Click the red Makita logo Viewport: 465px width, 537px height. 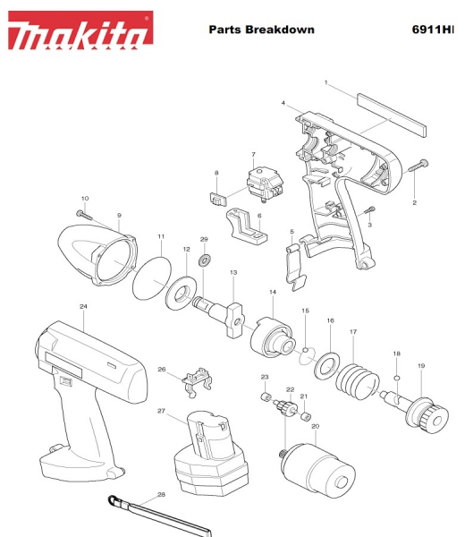(80, 30)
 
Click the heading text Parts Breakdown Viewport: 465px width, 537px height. (262, 30)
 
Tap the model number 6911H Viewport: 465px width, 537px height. (433, 30)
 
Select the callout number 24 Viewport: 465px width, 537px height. (83, 306)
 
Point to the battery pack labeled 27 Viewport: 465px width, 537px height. (211, 453)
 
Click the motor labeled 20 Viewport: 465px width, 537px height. (317, 471)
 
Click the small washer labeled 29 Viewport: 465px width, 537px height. (205, 260)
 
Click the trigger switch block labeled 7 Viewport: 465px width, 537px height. (266, 184)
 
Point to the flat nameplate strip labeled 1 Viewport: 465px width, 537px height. (392, 115)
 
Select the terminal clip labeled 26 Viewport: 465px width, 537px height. (198, 382)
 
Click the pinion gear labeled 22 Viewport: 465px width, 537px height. (286, 408)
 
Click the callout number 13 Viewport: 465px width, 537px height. (233, 273)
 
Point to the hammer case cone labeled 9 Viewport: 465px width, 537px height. (97, 255)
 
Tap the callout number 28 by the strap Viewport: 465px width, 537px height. (161, 495)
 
